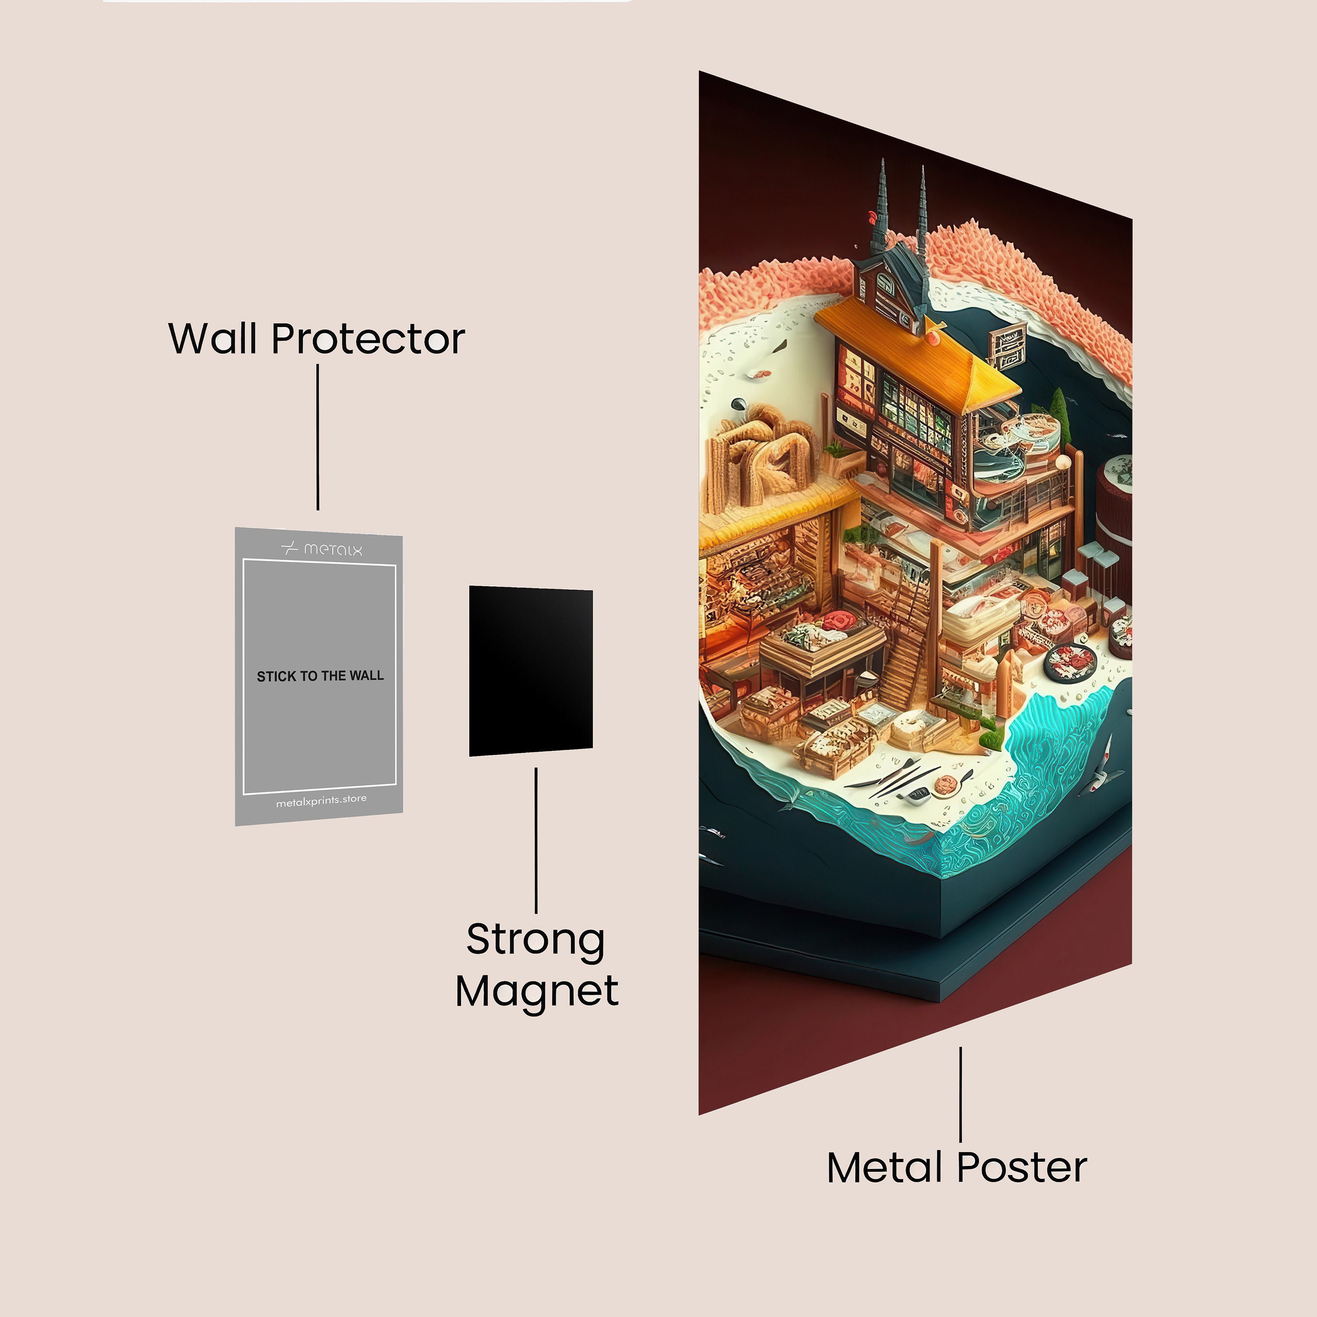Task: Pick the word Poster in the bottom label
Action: [1022, 1168]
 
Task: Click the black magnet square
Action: [530, 671]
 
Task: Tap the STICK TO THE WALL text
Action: [320, 676]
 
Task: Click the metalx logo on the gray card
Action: [322, 548]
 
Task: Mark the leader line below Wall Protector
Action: [318, 437]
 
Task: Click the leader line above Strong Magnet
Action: [536, 840]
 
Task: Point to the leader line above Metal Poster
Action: [961, 1094]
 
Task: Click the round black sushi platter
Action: [1071, 661]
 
